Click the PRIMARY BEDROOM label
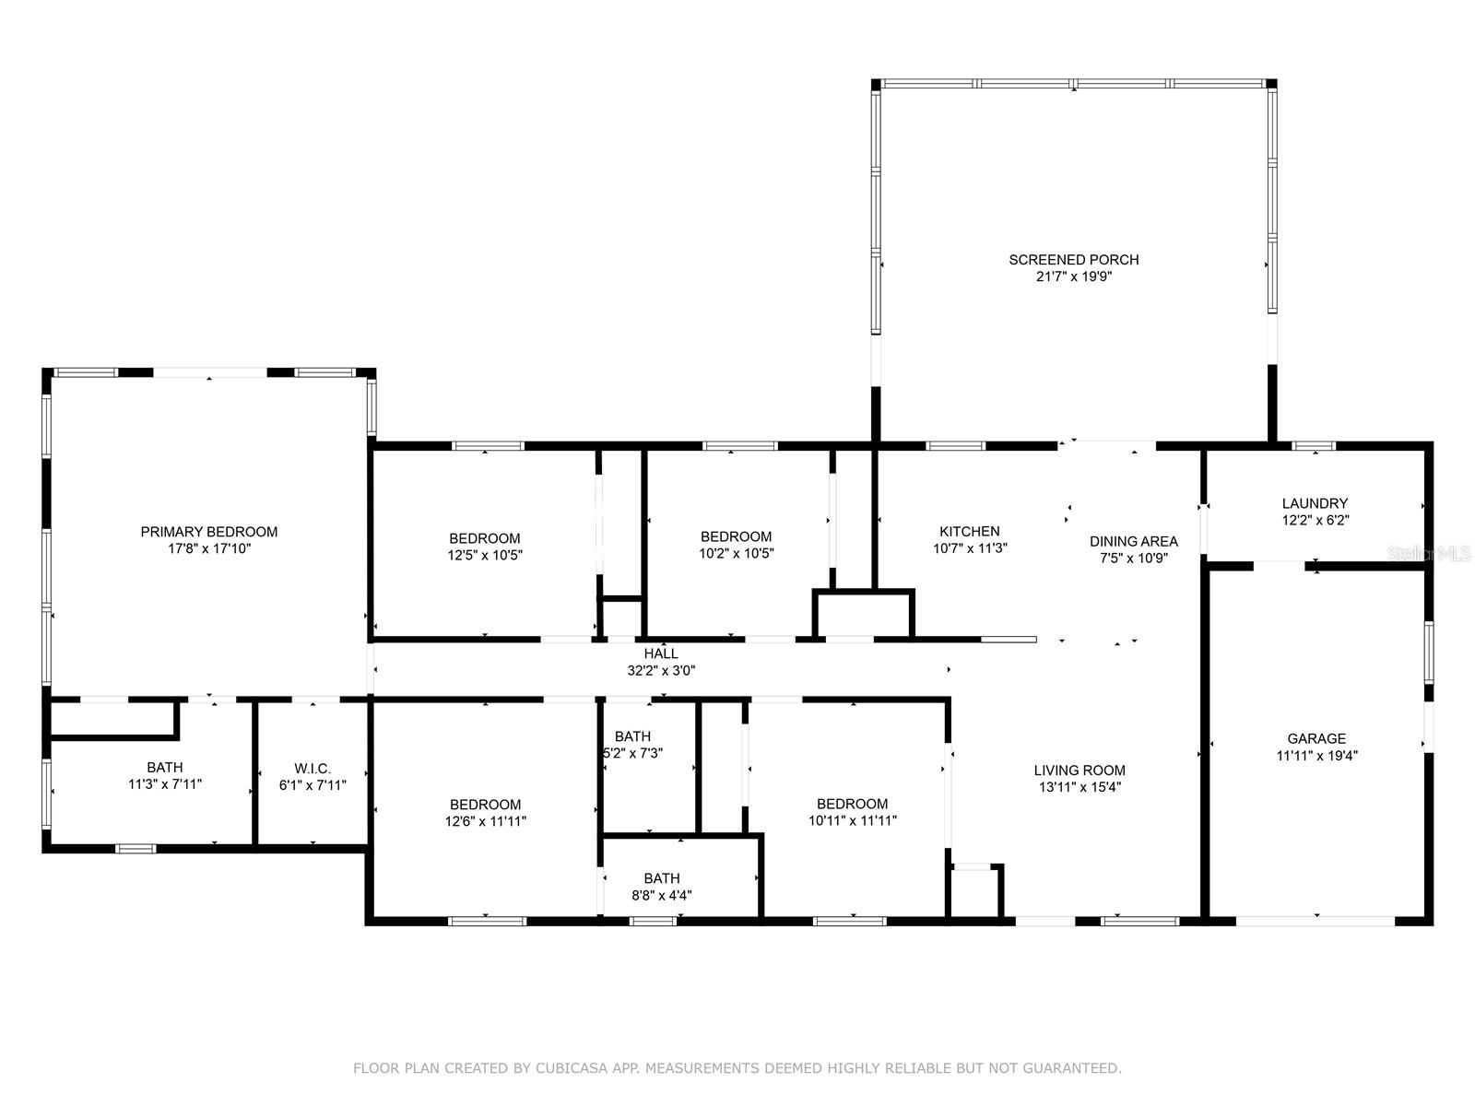pyautogui.click(x=209, y=532)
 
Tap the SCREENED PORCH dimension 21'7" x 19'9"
pyautogui.click(x=1074, y=276)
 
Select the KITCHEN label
pyautogui.click(x=970, y=531)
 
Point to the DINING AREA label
pyautogui.click(x=1134, y=541)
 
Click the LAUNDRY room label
pyautogui.click(x=1316, y=503)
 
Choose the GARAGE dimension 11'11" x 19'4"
pyautogui.click(x=1317, y=756)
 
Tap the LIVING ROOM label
pyautogui.click(x=1080, y=771)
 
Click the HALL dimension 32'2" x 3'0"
pyautogui.click(x=661, y=670)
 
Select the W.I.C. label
pyautogui.click(x=313, y=769)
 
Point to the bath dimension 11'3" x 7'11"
pyautogui.click(x=165, y=783)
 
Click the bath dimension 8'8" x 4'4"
pyautogui.click(x=662, y=895)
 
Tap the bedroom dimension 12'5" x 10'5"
pyautogui.click(x=485, y=556)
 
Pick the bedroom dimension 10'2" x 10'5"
pyautogui.click(x=737, y=553)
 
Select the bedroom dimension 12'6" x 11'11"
pyautogui.click(x=486, y=821)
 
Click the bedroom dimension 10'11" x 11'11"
pyautogui.click(x=853, y=820)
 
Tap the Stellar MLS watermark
pyautogui.click(x=1429, y=553)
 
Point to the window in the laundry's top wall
pyautogui.click(x=1315, y=446)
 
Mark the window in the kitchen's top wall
pyautogui.click(x=956, y=446)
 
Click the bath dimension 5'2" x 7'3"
pyautogui.click(x=633, y=753)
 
